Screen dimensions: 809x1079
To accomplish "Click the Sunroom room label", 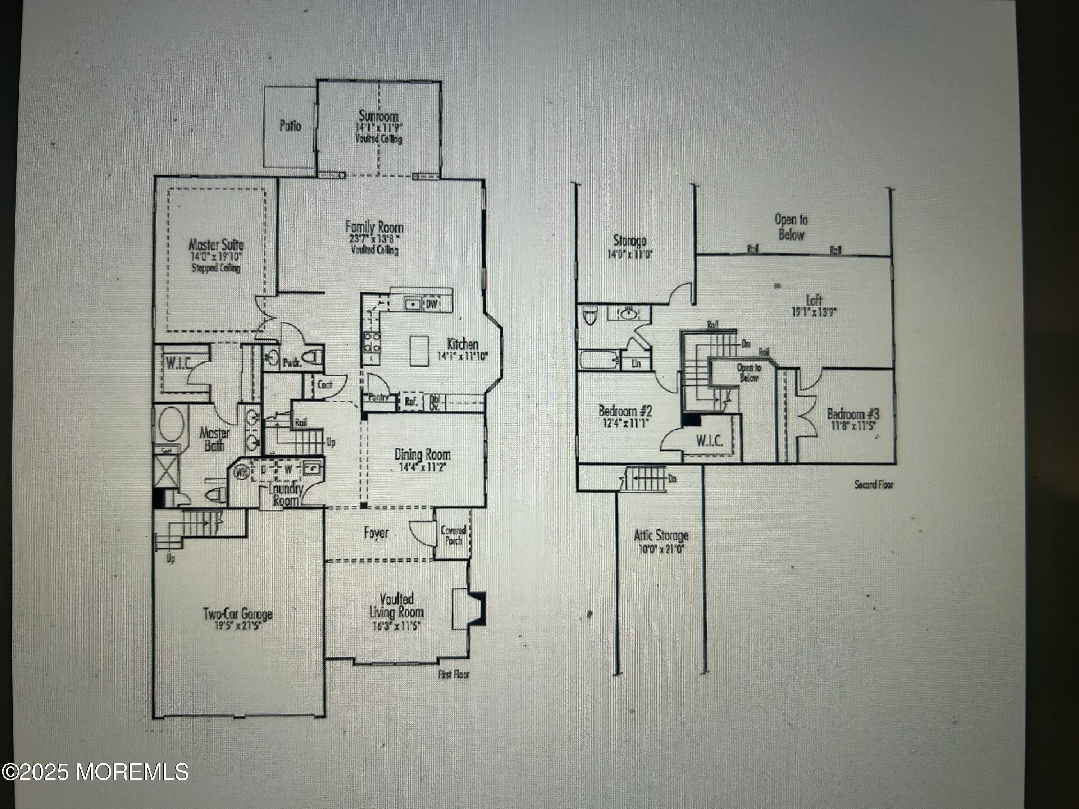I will click(x=378, y=116).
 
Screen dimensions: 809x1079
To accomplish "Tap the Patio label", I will click(x=290, y=126).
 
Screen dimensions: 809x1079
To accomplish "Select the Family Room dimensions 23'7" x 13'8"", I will click(x=374, y=239).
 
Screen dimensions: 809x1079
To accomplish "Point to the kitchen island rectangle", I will click(x=419, y=350).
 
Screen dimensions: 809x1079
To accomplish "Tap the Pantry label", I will click(x=378, y=397).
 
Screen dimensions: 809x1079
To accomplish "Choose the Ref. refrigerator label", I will click(x=411, y=402).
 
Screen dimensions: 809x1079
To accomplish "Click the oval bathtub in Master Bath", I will click(x=171, y=424).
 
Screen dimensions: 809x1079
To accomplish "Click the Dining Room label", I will click(x=423, y=454).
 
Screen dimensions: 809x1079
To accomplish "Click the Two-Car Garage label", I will click(x=237, y=613).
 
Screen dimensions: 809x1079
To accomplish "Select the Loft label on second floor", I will click(x=814, y=300).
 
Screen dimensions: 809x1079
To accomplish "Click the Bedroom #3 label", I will click(x=853, y=414).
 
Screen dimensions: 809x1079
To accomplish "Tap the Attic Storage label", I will click(x=661, y=535).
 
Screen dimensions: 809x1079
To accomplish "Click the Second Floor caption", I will click(x=874, y=485).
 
